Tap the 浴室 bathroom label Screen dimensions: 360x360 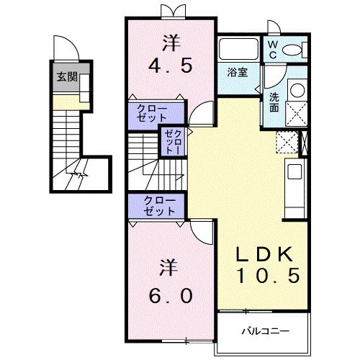[238, 72]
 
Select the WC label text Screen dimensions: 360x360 [274, 49]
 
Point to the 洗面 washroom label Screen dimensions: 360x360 [275, 102]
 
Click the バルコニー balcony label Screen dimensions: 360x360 [266, 332]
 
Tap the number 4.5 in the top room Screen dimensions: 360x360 [171, 67]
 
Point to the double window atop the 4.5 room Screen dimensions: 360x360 [171, 10]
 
